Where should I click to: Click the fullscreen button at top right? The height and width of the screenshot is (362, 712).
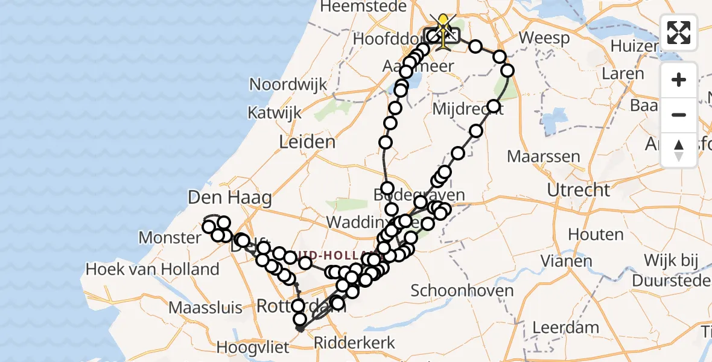[679, 33]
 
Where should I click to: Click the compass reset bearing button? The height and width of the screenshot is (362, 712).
[679, 149]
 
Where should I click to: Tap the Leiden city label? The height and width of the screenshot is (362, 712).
[307, 142]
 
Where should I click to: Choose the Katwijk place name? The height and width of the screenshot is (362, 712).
[270, 113]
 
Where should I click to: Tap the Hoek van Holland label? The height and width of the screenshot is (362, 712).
[153, 269]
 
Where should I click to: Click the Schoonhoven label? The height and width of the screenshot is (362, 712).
[462, 290]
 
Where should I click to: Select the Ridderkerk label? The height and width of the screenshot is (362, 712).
[354, 343]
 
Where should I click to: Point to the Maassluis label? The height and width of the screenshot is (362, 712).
[205, 308]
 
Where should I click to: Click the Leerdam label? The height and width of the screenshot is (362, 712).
[566, 328]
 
